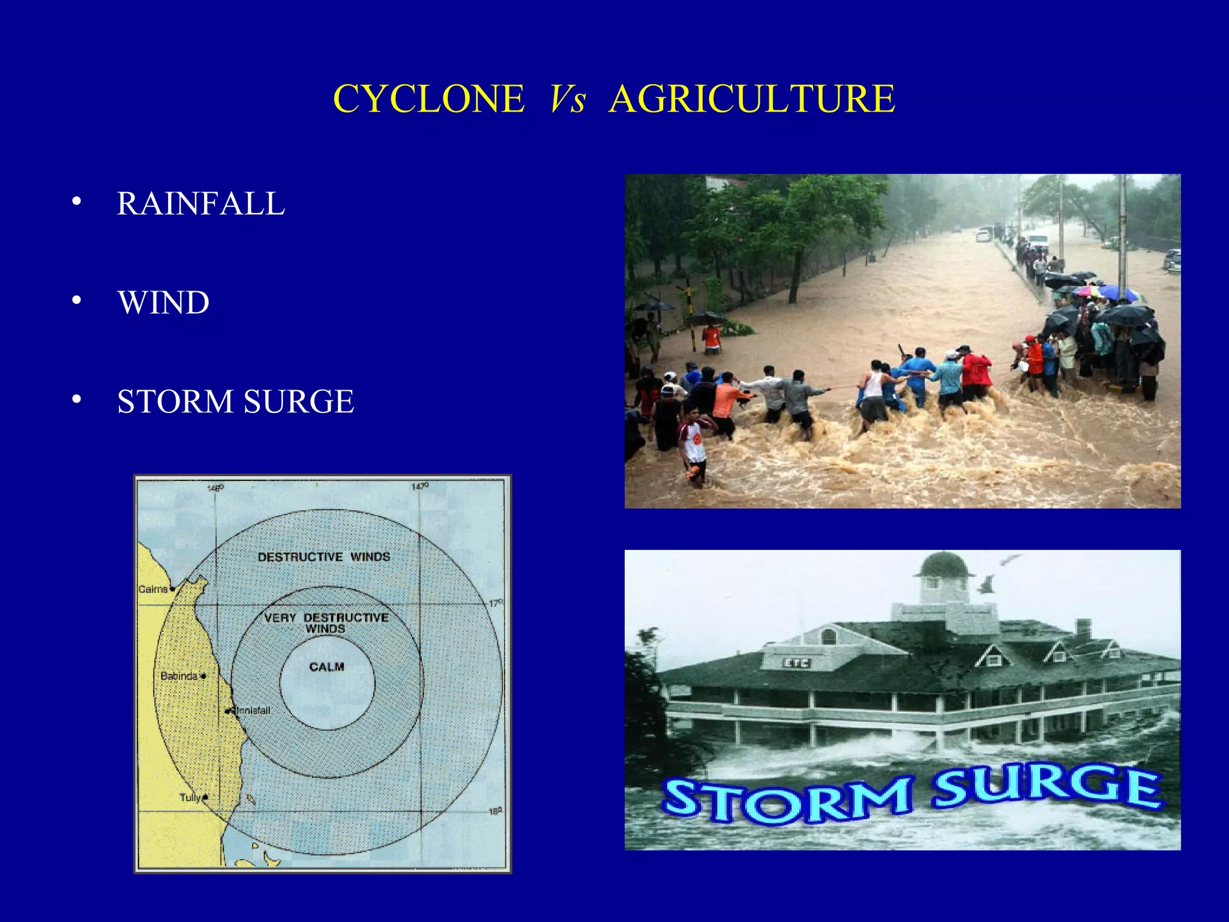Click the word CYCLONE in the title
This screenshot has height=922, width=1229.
428,98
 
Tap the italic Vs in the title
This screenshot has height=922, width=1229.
567,98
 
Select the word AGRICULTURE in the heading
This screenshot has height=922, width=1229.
752,98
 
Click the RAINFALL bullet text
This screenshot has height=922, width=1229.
200,203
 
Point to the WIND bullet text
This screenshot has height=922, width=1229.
163,303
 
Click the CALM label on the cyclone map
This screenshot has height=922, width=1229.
326,667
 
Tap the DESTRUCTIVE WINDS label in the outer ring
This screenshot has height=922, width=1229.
323,557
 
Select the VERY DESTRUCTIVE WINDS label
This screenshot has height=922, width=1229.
326,622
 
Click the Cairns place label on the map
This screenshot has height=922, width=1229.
152,589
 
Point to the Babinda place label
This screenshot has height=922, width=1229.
179,676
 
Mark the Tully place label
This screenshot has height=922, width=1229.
190,798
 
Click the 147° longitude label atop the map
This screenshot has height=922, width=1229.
419,486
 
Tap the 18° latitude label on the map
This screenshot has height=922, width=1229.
494,811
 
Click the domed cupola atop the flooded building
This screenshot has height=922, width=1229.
943,567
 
